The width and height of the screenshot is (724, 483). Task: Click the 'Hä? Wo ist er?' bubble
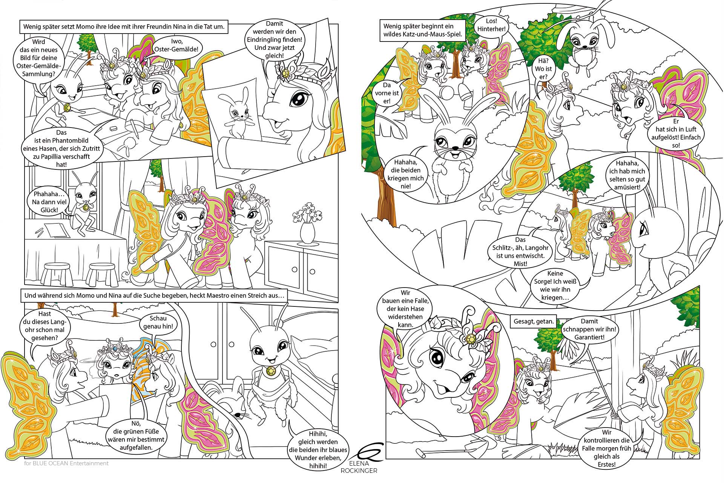pyautogui.click(x=542, y=69)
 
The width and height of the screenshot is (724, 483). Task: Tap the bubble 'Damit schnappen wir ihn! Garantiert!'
pyautogui.click(x=589, y=329)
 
